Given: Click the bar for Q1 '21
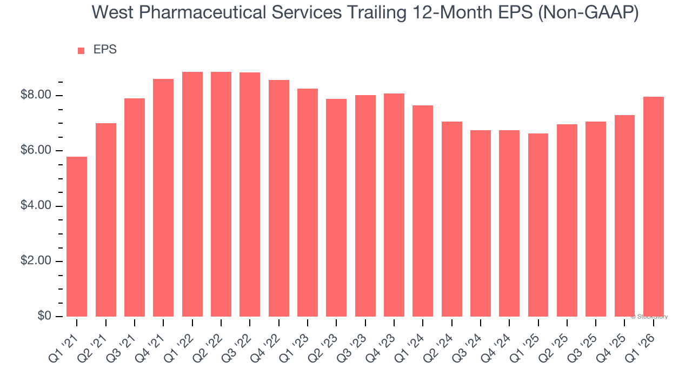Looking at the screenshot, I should [77, 237].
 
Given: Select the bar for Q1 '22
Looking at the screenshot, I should [192, 194].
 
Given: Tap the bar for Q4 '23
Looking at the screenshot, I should [394, 205].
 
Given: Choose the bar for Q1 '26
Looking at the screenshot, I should [653, 206].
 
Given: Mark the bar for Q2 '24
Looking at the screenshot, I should [451, 219].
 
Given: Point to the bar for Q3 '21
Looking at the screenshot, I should [135, 207].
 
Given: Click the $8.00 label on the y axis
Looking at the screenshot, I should [36, 96].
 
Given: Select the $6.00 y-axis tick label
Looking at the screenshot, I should [36, 151].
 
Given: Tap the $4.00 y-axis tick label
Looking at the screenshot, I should [36, 206].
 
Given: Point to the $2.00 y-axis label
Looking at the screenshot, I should [36, 261].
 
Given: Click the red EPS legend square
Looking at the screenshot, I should [81, 50].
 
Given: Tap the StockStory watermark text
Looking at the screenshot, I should [650, 317].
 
